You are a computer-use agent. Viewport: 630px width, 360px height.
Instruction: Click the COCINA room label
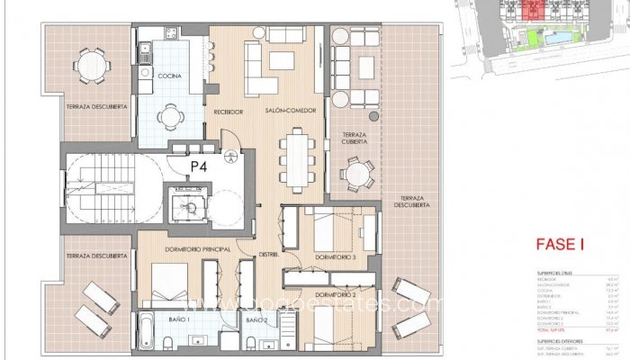(x=170, y=76)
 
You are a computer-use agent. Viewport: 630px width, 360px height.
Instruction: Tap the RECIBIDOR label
(x=229, y=111)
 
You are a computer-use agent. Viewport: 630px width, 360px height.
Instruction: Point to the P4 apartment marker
(x=199, y=166)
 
